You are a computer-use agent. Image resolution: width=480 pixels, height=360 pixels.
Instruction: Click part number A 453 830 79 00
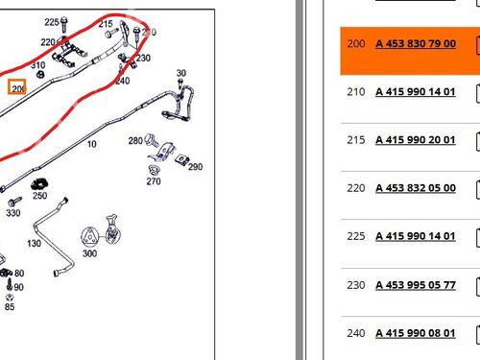pos(416,43)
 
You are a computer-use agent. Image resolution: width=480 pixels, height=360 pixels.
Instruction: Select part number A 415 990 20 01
pos(416,140)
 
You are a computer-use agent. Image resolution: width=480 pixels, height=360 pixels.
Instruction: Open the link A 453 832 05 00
pos(416,188)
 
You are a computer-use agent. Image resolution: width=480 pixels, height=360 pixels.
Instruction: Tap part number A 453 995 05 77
pos(416,285)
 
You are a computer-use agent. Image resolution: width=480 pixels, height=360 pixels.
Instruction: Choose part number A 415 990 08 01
pos(416,333)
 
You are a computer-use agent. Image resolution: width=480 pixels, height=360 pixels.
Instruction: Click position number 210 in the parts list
pos(356,92)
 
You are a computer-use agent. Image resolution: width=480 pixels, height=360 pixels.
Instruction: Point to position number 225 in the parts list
pos(356,236)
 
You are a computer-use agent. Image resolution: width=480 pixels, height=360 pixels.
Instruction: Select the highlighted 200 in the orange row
pos(356,43)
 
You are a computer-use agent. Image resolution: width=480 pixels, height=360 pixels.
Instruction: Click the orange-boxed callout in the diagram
pos(17,87)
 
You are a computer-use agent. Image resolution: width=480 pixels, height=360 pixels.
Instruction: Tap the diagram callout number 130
pos(34,244)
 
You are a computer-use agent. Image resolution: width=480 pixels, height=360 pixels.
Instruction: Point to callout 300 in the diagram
pos(89,253)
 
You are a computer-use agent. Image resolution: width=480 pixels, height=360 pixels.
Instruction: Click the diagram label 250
pos(39,196)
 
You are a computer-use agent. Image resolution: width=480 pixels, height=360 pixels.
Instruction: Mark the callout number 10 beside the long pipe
pos(92,144)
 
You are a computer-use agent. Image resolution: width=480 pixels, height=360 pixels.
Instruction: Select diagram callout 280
pos(135,141)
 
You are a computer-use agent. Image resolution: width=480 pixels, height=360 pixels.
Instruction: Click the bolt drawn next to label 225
pos(64,24)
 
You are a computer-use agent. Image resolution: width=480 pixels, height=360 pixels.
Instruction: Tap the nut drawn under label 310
pos(40,75)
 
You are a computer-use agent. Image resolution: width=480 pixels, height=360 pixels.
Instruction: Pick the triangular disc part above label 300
pos(90,236)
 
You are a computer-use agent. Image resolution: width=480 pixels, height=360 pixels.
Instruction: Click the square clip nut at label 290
pos(182,159)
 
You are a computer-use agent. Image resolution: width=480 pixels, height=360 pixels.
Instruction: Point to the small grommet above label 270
pos(154,170)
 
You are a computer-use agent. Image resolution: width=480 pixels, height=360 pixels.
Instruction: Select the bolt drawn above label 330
pos(14,202)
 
